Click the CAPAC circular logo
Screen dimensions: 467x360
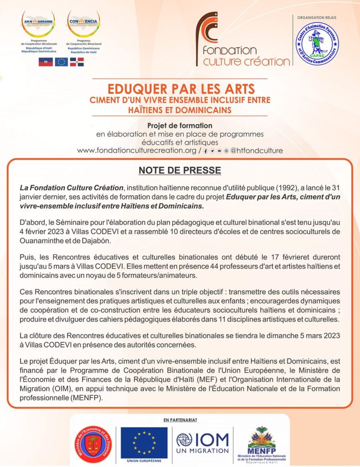(318, 44)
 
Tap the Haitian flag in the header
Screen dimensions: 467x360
(46, 62)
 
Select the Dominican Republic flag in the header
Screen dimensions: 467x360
(77, 62)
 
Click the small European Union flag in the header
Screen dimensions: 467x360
(61, 62)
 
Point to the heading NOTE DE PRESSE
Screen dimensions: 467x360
(180, 171)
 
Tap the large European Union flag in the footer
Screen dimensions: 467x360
(144, 442)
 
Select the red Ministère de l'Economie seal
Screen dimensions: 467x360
(93, 444)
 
